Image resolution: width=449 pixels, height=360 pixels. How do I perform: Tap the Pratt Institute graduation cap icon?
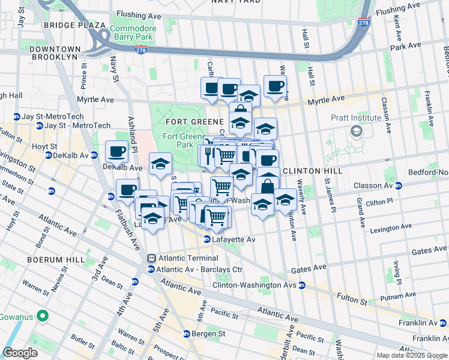[357, 131]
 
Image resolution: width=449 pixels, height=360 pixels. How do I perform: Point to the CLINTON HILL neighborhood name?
[312, 171]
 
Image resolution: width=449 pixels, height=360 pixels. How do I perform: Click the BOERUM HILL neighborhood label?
[50, 259]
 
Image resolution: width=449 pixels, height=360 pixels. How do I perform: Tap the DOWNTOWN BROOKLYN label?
[55, 52]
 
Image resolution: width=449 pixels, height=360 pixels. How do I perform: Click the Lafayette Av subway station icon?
[207, 239]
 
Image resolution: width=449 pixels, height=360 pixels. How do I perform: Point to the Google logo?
[20, 353]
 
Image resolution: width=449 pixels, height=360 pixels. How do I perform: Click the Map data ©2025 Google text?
[412, 355]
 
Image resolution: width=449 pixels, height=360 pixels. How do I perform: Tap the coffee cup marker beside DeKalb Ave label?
[116, 152]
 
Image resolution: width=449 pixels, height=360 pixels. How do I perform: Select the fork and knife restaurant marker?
[208, 155]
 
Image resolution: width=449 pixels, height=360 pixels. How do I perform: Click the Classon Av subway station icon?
[399, 185]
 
